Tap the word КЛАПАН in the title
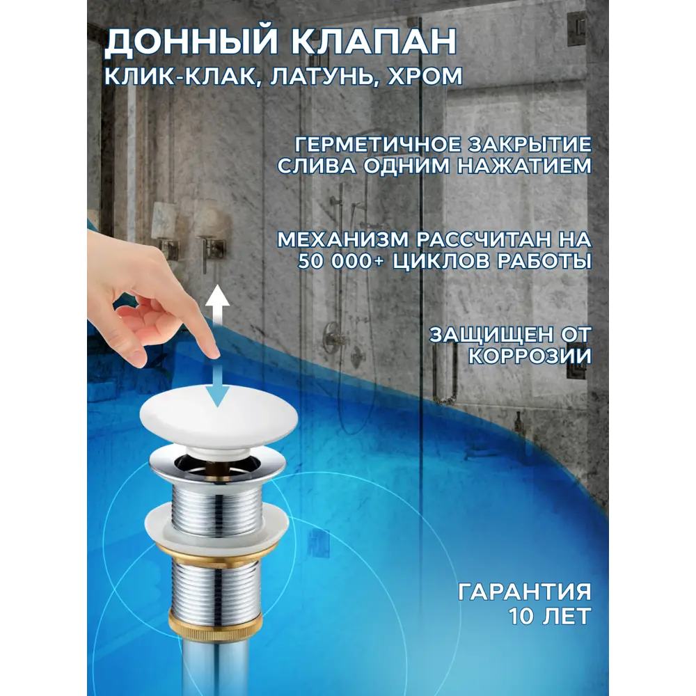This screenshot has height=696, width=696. point(374,41)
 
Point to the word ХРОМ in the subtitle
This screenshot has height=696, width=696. point(425,76)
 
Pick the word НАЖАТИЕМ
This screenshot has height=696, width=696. point(525,166)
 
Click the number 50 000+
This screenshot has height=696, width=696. point(340,261)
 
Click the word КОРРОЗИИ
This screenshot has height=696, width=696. point(530,356)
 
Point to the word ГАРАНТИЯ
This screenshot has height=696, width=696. point(525,592)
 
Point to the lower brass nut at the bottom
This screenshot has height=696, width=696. point(216,626)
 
